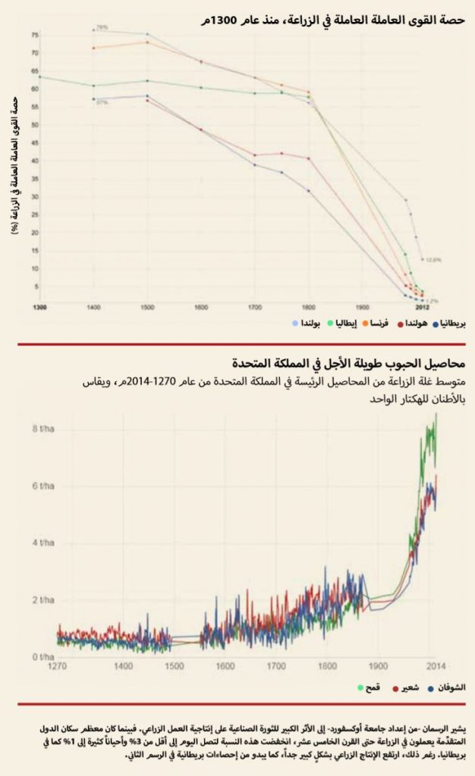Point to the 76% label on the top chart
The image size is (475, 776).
click(102, 27)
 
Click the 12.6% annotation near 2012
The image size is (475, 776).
click(433, 259)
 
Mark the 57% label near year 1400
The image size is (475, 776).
click(101, 102)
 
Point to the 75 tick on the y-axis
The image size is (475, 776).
click(33, 35)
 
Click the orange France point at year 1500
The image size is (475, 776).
click(147, 42)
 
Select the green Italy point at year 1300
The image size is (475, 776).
click(39, 77)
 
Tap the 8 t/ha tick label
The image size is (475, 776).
click(44, 430)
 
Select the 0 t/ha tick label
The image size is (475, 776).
click(44, 656)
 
